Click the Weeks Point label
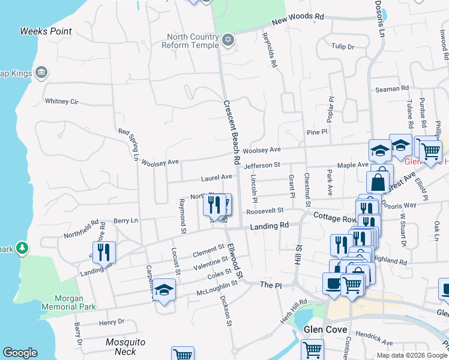[x=46, y=31]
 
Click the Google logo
[x=20, y=353]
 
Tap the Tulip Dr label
[x=343, y=46]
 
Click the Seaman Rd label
[x=392, y=89]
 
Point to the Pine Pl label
[x=316, y=131]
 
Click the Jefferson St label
[x=262, y=164]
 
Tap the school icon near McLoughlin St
[x=164, y=290]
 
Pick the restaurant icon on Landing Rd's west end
[x=105, y=252]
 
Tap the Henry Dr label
[x=112, y=322]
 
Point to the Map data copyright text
[x=412, y=355]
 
